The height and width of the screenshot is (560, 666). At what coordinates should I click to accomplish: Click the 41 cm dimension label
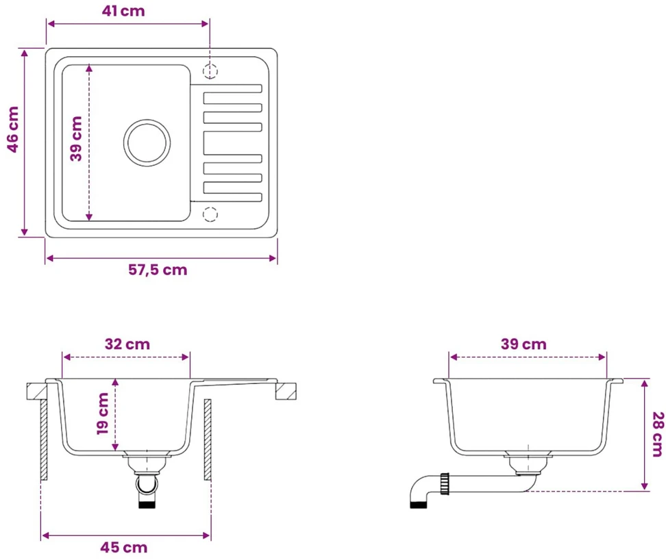123,10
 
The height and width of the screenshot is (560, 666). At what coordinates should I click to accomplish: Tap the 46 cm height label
13,129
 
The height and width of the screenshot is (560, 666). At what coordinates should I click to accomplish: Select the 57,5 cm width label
158,270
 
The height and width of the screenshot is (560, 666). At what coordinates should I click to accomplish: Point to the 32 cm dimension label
127,344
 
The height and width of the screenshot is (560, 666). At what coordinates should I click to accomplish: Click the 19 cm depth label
103,413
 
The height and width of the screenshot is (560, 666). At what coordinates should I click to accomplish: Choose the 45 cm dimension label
124,547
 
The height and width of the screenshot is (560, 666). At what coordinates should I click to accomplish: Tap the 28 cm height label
658,434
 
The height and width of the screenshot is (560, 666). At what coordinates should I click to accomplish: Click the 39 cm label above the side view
523,344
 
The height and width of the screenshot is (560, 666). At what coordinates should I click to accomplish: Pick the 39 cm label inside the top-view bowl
76,139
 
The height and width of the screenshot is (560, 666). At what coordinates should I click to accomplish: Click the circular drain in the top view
147,143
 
